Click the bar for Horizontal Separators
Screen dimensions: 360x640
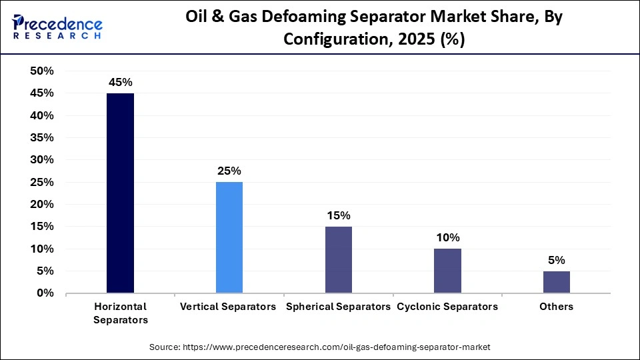point(120,193)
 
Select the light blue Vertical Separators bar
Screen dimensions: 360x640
point(229,237)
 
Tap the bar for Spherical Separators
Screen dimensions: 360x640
point(338,259)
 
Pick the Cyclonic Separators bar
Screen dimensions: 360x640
point(447,271)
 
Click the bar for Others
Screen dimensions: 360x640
point(556,282)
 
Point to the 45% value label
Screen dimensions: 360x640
point(121,83)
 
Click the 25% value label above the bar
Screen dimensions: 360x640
point(229,171)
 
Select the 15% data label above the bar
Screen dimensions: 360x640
point(338,215)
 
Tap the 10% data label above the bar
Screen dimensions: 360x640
point(447,238)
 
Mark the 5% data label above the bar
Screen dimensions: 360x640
point(556,260)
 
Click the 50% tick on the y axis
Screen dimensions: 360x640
point(42,71)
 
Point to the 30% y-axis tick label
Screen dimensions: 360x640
point(42,160)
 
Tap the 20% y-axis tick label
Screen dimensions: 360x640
point(42,205)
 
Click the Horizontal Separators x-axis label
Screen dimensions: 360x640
point(120,313)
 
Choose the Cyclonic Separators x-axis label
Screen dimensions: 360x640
point(447,307)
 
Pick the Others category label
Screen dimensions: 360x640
point(556,307)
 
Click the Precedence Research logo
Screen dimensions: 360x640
point(57,27)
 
